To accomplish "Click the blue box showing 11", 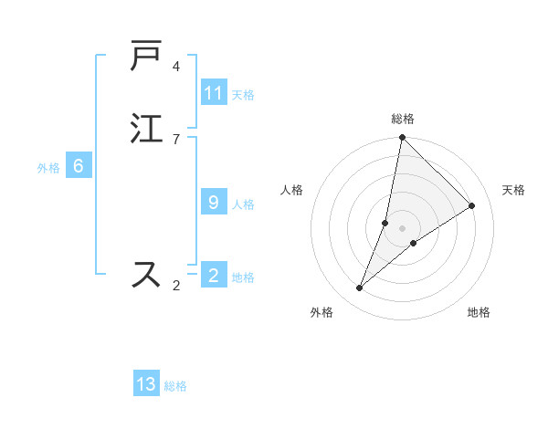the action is tap(214, 93).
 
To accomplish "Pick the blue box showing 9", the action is tap(213, 203).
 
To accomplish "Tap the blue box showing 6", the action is tap(78, 166).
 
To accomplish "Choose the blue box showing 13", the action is tap(146, 384).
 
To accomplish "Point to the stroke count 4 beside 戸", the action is tap(176, 67).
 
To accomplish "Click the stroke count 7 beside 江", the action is tap(176, 139).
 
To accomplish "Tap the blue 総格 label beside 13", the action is tap(175, 386).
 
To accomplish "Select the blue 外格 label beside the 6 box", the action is tap(48, 168).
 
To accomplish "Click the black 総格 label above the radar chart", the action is tap(402, 119).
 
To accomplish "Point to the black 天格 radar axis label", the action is tap(513, 190).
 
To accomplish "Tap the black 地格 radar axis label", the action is tap(479, 312).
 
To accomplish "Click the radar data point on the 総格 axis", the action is tap(402, 138).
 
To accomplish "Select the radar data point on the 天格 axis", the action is tap(472, 205).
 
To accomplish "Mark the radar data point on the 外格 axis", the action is tap(360, 288).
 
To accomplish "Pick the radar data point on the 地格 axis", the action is tap(414, 243).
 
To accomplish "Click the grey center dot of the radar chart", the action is tap(402, 227).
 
